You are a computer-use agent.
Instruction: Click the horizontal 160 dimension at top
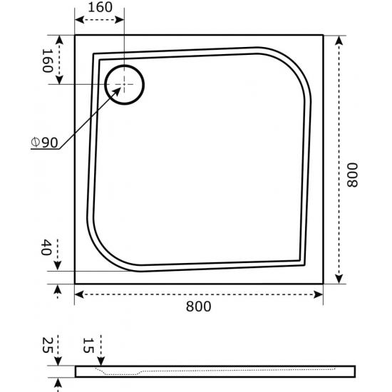pyautogui.click(x=100, y=7)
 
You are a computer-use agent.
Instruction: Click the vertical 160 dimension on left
pyautogui.click(x=47, y=61)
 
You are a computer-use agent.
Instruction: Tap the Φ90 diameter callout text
pyautogui.click(x=44, y=143)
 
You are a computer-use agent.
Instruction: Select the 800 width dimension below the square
pyautogui.click(x=199, y=306)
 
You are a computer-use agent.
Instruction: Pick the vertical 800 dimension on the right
pyautogui.click(x=352, y=175)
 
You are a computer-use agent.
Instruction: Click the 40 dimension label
pyautogui.click(x=46, y=247)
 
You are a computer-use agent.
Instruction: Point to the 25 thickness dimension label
pyautogui.click(x=47, y=345)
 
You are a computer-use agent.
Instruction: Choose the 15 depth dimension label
pyautogui.click(x=88, y=345)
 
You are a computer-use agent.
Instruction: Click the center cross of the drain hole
pyautogui.click(x=124, y=85)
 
